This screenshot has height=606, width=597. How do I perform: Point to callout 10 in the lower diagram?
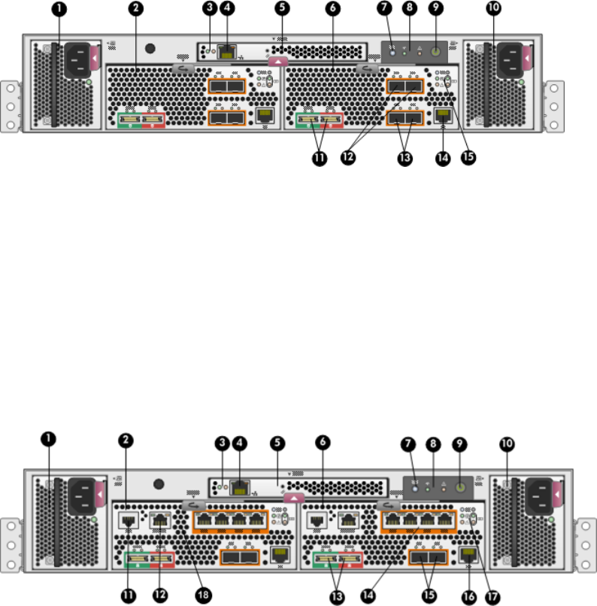(x=508, y=444)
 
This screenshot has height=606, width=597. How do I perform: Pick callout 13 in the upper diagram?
(x=406, y=160)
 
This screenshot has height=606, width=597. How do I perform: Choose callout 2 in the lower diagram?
(x=126, y=444)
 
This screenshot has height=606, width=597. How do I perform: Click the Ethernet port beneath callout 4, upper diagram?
(x=226, y=52)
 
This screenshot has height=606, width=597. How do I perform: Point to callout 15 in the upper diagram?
(x=471, y=160)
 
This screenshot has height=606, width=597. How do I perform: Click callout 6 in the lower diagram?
(x=322, y=444)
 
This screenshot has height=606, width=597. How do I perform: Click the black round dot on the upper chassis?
(x=150, y=50)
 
